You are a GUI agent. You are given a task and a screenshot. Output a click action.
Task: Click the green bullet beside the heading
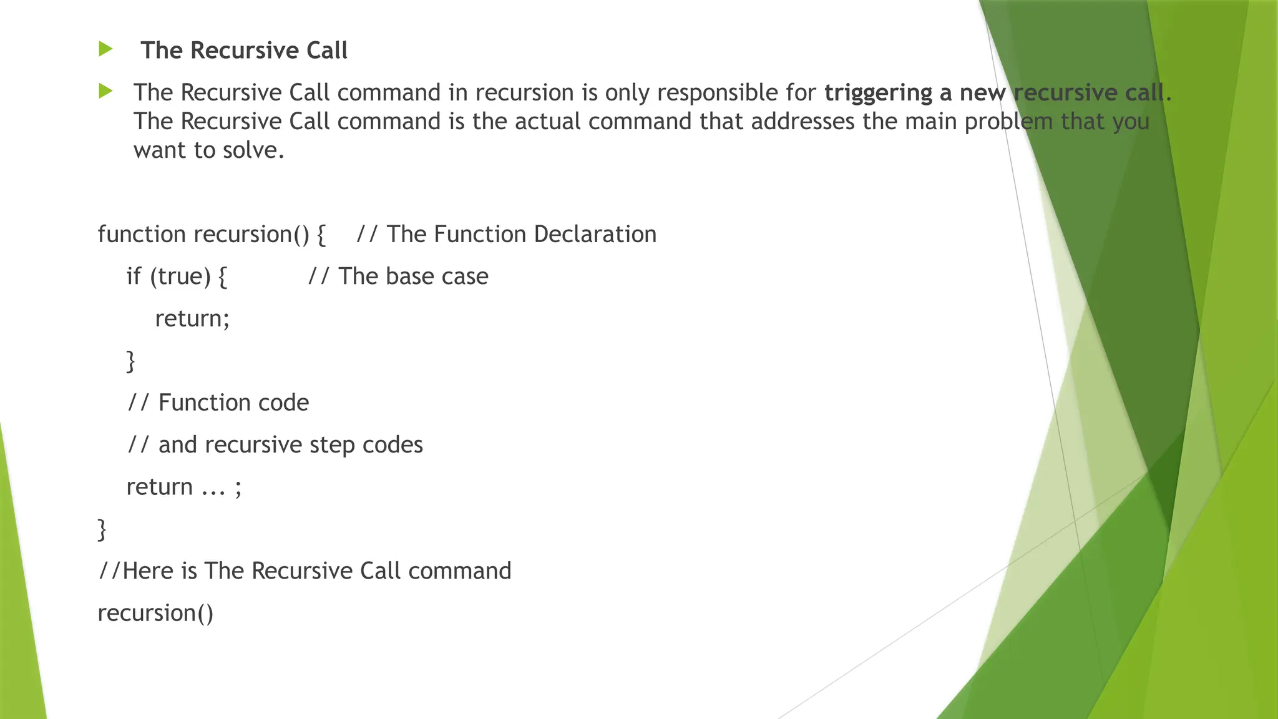pyautogui.click(x=105, y=49)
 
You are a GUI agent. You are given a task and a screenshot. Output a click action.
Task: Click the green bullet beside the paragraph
pyautogui.click(x=105, y=92)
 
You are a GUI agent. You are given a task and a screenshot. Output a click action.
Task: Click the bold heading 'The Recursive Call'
pyautogui.click(x=244, y=51)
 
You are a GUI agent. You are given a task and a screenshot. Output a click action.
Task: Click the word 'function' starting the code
pyautogui.click(x=142, y=234)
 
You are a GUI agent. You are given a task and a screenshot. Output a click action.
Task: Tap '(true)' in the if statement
pyautogui.click(x=180, y=276)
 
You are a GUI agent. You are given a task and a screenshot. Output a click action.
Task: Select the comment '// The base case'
pyautogui.click(x=398, y=276)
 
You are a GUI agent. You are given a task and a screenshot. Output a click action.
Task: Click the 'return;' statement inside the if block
pyautogui.click(x=192, y=318)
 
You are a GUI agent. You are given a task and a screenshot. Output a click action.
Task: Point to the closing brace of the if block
pyautogui.click(x=130, y=361)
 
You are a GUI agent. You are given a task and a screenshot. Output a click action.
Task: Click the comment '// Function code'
pyautogui.click(x=218, y=403)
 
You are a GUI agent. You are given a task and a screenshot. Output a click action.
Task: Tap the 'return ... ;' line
pyautogui.click(x=183, y=487)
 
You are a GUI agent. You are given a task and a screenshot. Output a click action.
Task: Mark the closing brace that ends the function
pyautogui.click(x=102, y=529)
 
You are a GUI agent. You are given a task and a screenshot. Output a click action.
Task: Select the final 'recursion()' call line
pyautogui.click(x=155, y=613)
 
